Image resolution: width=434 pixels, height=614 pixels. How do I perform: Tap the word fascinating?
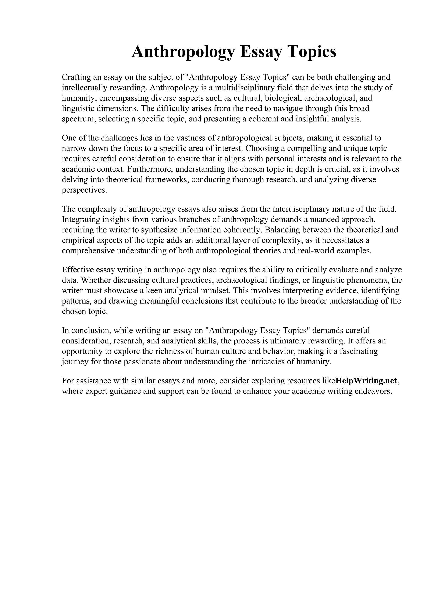[359, 351]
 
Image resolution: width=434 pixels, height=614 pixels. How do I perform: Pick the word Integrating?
[79, 219]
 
